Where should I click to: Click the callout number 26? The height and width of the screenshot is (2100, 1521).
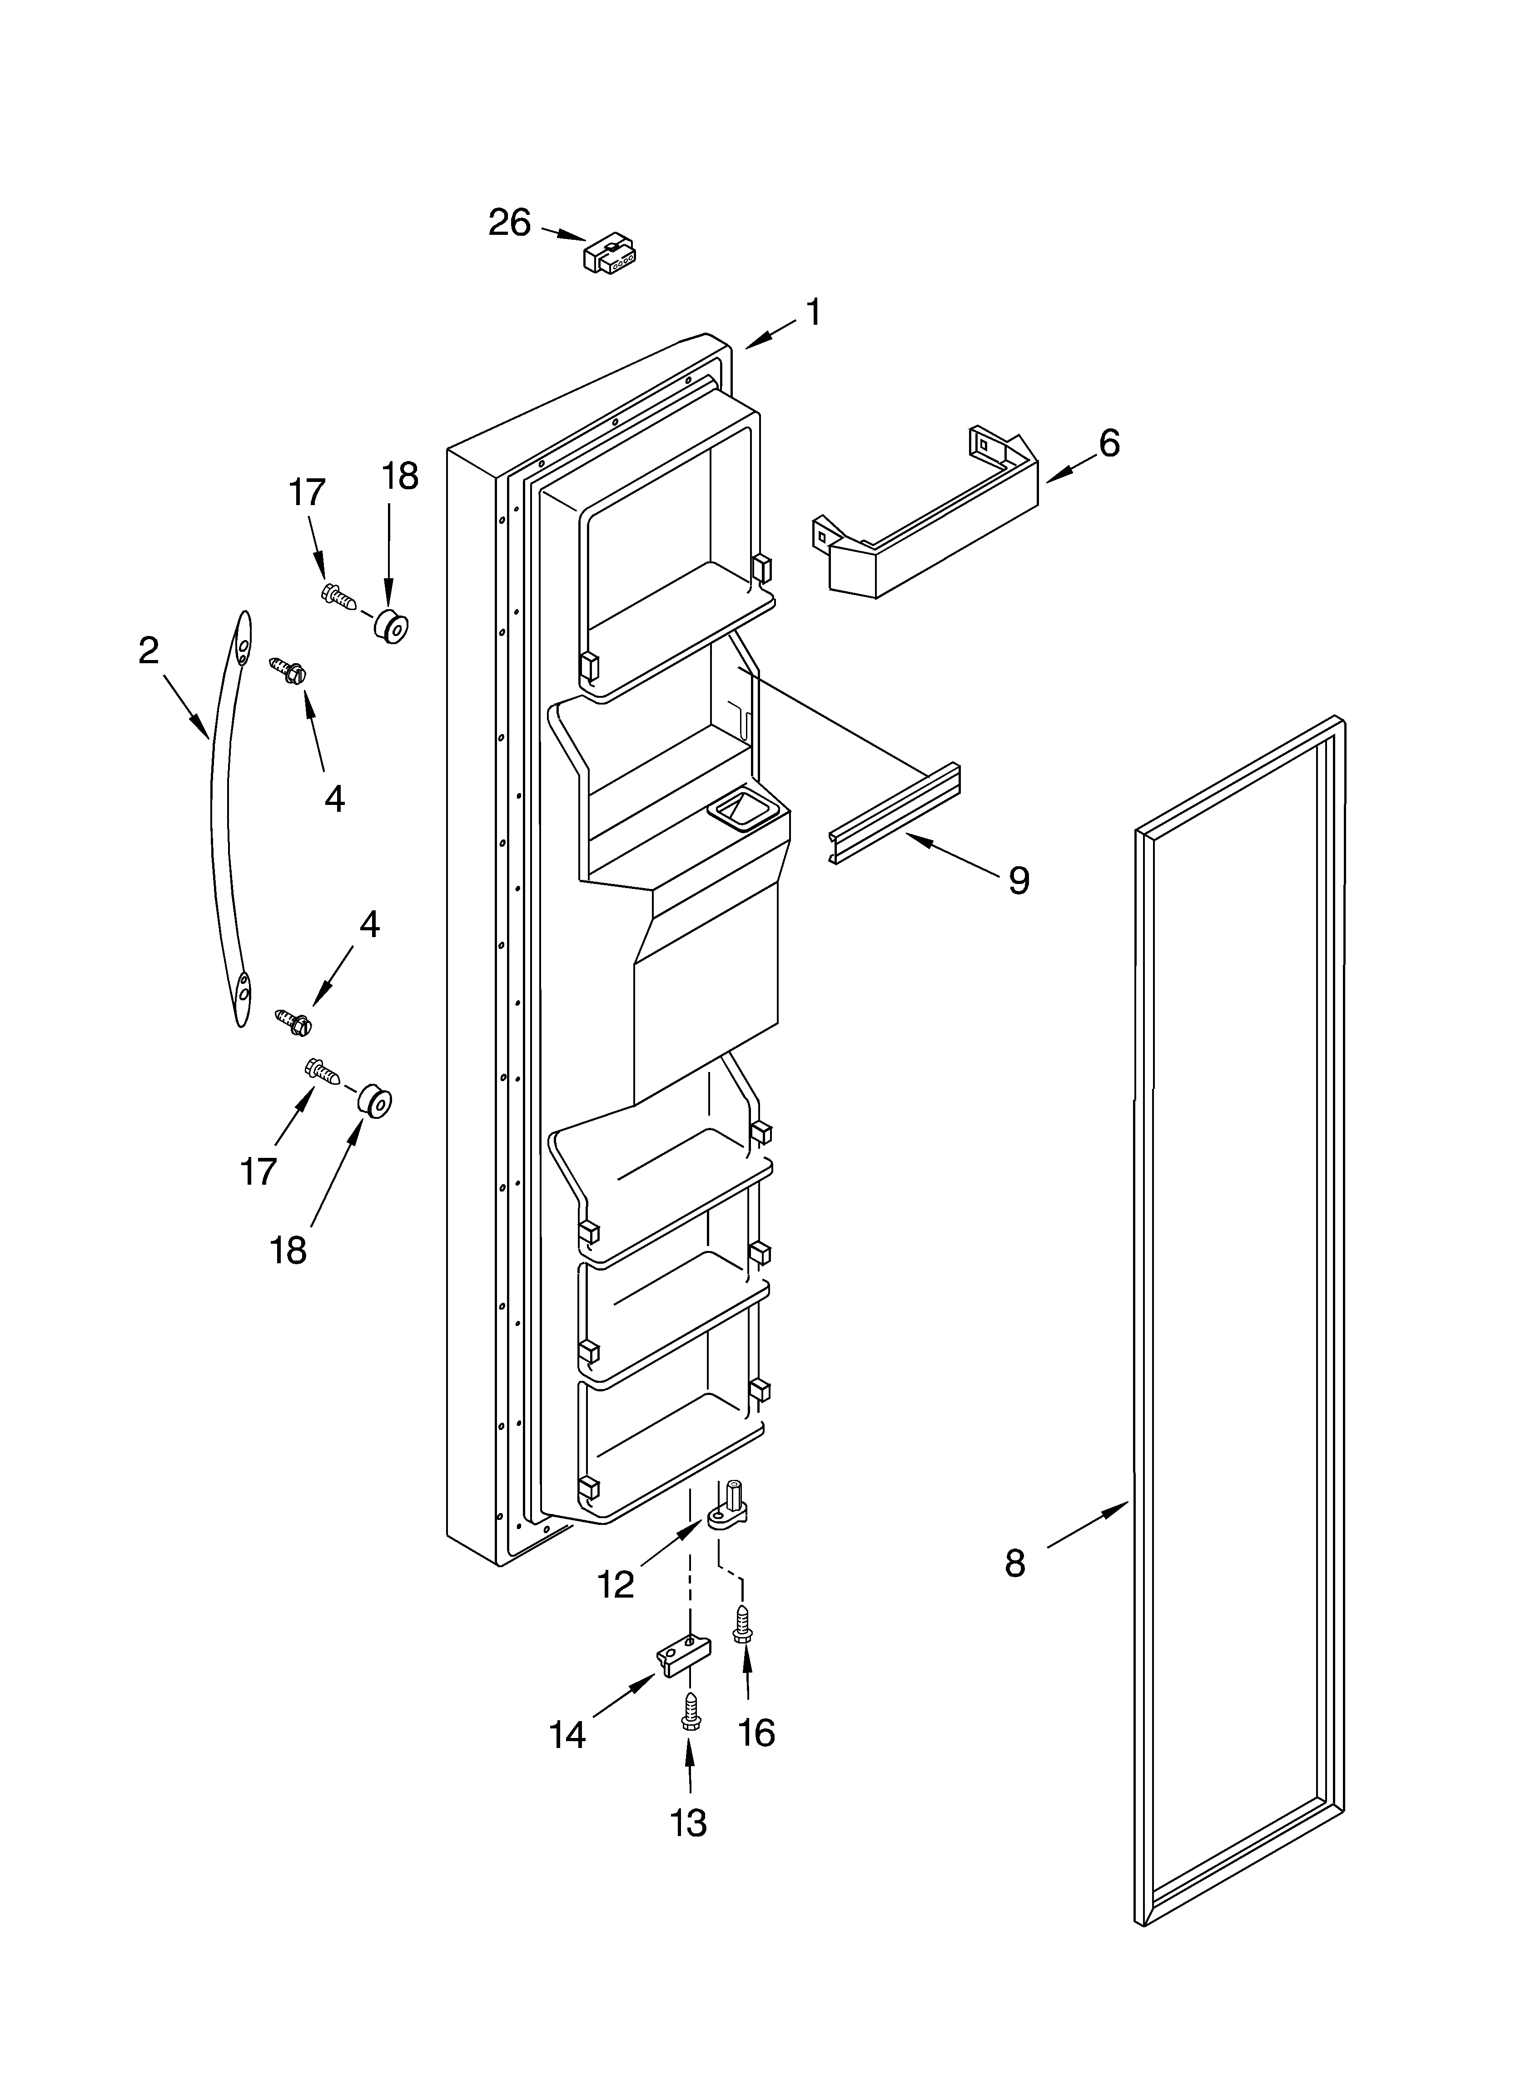(x=509, y=223)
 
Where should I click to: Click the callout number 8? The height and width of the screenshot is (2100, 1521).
(x=1015, y=1564)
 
